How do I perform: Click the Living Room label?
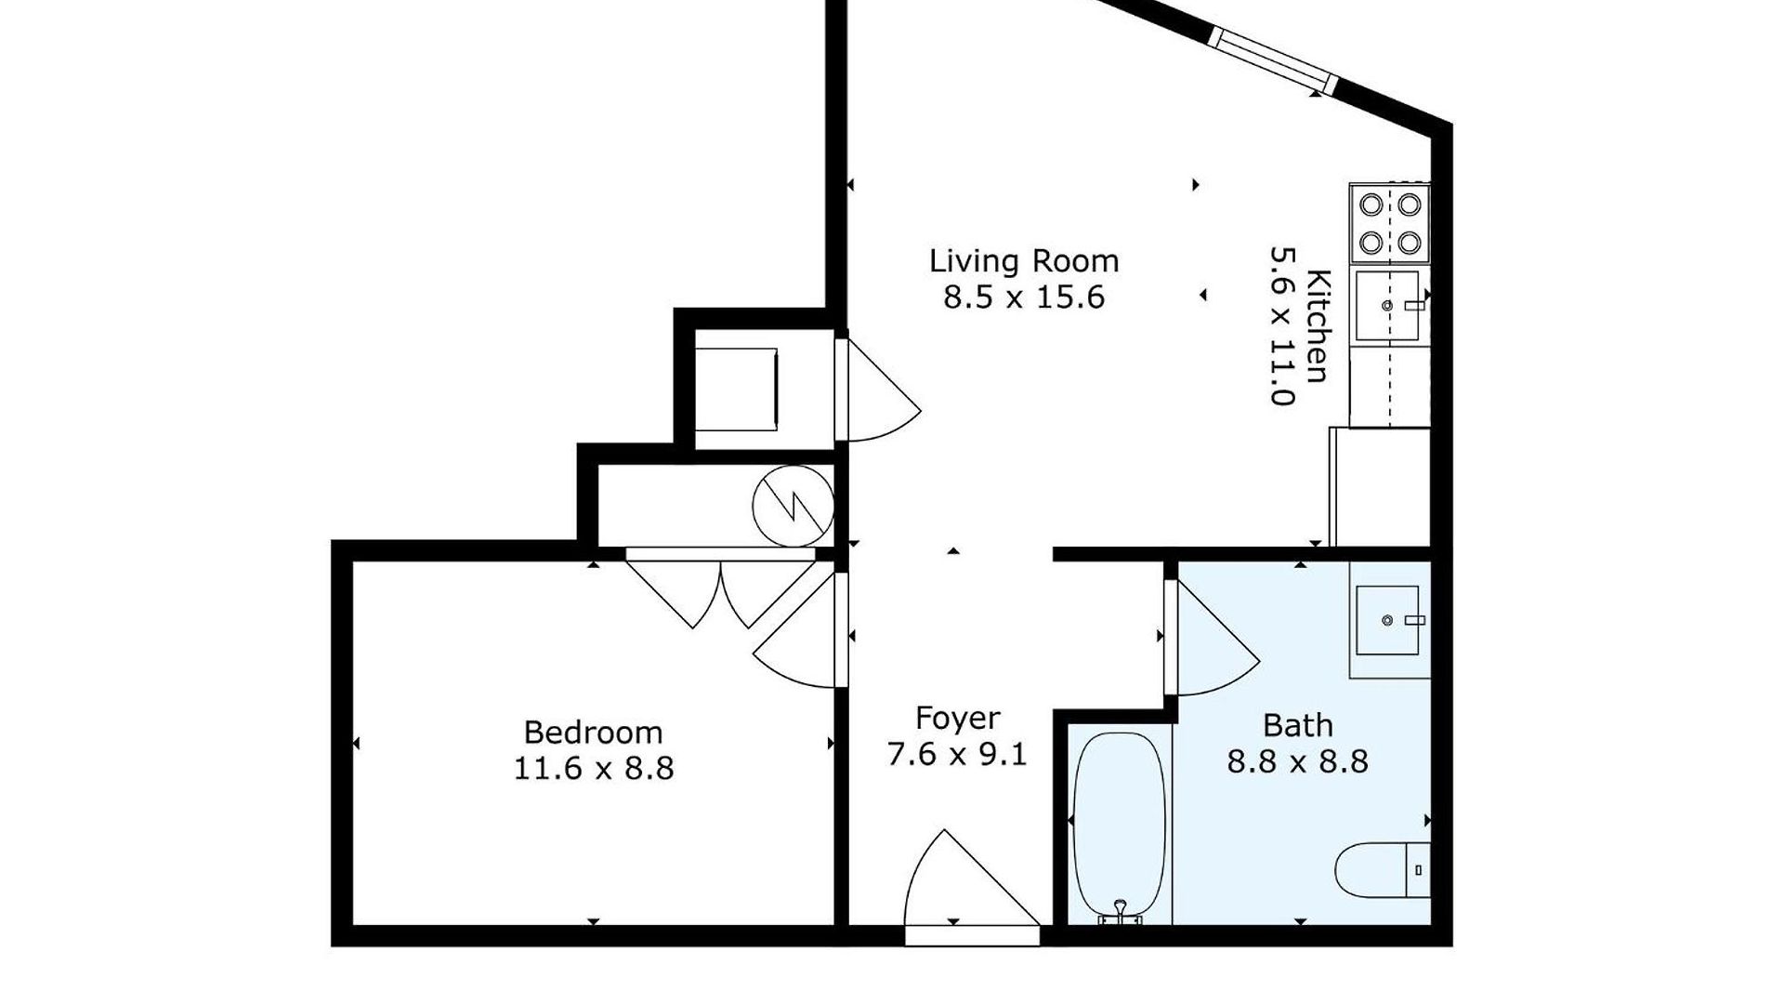(1024, 260)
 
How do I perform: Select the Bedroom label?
(593, 733)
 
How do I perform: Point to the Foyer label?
(957, 719)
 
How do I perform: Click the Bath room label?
(1298, 725)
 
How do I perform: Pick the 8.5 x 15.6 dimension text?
(1024, 297)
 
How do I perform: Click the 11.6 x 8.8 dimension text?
(593, 769)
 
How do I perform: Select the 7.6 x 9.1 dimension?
(957, 754)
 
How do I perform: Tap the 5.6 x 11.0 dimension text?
(1282, 325)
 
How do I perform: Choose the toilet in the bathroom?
(1383, 870)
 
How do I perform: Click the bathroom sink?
(1386, 620)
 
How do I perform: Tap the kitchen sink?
(1386, 305)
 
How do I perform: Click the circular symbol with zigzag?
(793, 505)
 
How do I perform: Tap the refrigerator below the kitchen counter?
(1380, 486)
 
